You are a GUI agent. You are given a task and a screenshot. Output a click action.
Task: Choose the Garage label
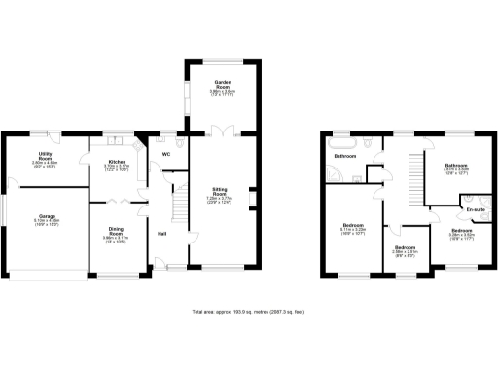47,218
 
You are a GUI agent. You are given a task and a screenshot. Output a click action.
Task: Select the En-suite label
475,209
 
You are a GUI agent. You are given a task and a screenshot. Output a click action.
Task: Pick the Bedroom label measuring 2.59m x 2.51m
405,249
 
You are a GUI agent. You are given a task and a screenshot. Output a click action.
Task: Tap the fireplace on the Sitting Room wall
254,199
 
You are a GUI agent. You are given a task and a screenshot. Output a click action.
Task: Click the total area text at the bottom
249,312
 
